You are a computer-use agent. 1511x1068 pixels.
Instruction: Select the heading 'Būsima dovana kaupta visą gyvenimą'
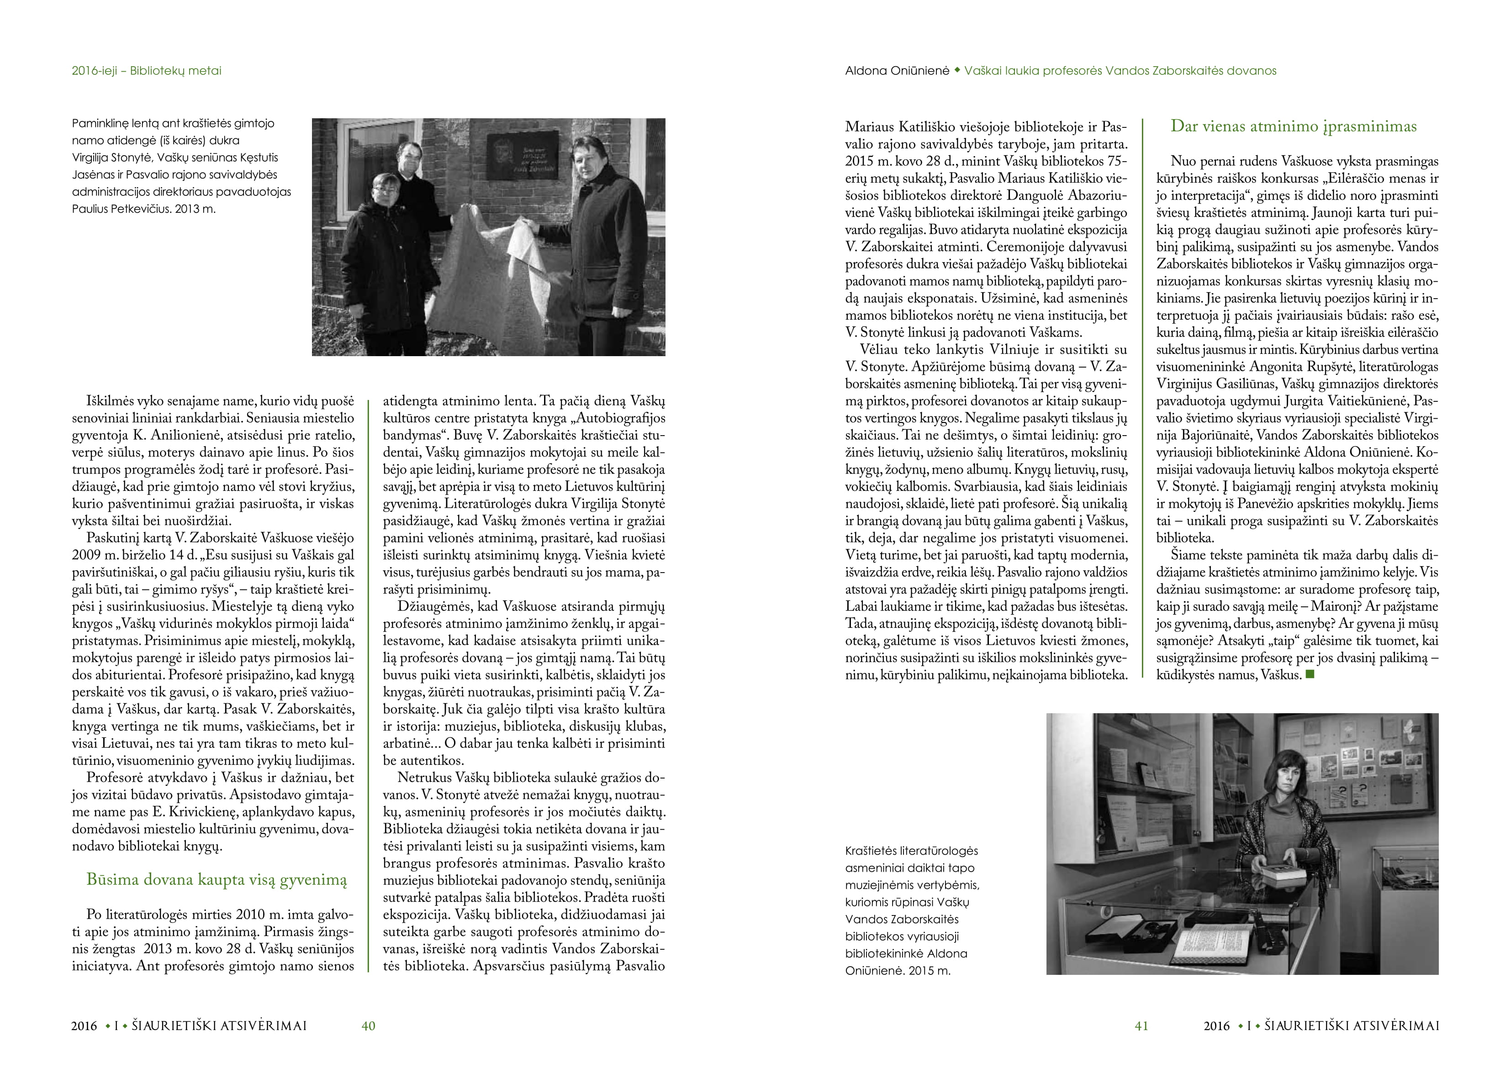pos(217,880)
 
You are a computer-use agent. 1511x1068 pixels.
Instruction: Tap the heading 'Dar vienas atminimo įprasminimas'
pos(1293,126)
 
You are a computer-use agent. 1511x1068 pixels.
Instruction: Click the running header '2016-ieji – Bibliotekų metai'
pos(147,70)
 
